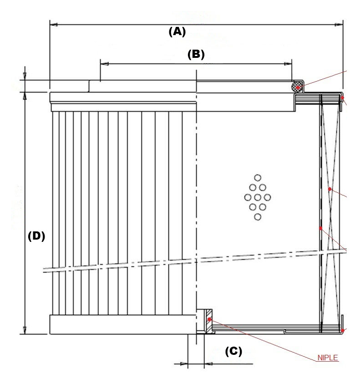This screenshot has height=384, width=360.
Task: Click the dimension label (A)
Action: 177,32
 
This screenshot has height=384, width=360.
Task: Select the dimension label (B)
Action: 196,54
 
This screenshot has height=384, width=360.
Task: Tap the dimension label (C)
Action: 233,351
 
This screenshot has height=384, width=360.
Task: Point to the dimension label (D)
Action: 36,236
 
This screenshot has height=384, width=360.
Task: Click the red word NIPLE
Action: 328,358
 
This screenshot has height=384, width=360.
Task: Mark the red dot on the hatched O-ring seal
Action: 298,87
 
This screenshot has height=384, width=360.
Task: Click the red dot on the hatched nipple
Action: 209,319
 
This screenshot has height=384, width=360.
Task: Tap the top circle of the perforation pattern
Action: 258,178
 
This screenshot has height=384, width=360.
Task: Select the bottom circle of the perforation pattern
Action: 258,217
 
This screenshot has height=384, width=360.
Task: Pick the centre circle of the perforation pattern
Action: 258,197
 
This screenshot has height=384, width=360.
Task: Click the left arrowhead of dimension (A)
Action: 54,25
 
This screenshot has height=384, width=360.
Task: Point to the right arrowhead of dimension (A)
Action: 339,25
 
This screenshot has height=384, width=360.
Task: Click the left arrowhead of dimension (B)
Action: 104,64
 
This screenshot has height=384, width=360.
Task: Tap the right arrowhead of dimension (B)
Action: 288,64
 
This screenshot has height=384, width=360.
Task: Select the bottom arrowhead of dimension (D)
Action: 25,330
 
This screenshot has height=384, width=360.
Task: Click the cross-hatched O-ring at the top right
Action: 297,87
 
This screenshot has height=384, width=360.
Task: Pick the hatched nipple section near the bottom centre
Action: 209,321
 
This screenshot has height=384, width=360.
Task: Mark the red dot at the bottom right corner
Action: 343,331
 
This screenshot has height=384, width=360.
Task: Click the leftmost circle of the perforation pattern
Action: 248,197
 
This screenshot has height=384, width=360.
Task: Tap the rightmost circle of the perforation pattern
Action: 267,197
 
